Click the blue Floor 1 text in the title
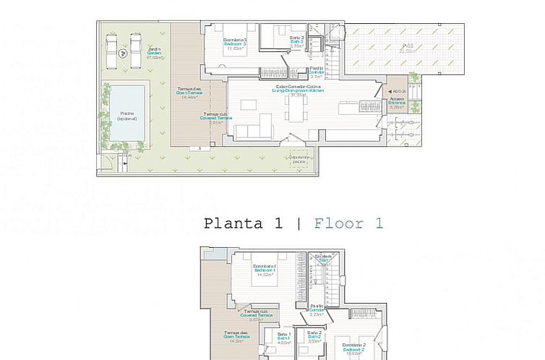[348, 223]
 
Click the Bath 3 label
[298, 42]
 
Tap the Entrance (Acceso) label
[396, 103]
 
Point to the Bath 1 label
[283, 336]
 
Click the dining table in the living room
[294, 110]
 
